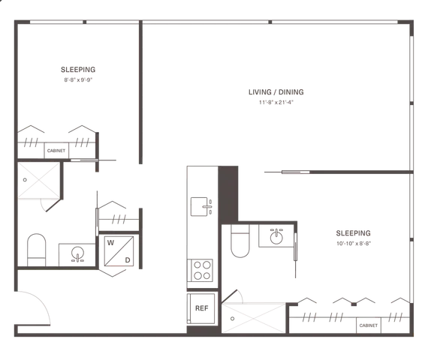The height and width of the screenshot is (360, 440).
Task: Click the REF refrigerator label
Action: tap(201, 308)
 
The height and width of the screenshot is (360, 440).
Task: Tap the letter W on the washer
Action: tap(110, 243)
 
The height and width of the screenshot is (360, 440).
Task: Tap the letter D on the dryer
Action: tap(128, 260)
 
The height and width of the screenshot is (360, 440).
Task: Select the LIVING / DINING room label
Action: tap(276, 92)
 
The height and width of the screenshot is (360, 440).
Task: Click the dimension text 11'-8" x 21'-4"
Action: tap(276, 102)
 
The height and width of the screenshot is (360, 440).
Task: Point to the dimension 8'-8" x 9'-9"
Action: tap(78, 80)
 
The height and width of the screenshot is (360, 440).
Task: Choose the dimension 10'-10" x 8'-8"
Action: tap(354, 243)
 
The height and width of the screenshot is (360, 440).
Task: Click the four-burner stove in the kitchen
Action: tap(200, 270)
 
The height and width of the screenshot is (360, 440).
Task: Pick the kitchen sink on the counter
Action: tap(201, 207)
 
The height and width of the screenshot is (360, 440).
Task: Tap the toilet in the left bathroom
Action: tap(37, 250)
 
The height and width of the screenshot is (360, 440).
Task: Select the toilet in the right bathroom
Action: tap(240, 241)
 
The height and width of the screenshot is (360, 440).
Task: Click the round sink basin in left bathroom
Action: tap(77, 253)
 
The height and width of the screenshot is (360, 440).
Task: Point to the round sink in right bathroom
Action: tap(276, 237)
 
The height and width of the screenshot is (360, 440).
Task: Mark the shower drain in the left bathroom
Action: tap(25, 180)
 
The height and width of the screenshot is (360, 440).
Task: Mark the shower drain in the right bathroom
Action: tap(232, 319)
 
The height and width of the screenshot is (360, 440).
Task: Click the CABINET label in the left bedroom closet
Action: tap(56, 151)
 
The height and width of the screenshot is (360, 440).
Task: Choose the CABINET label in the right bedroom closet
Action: tap(369, 325)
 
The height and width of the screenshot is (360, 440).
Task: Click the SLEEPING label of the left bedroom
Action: tap(78, 70)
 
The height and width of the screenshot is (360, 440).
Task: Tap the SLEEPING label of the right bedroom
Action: tap(354, 233)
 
